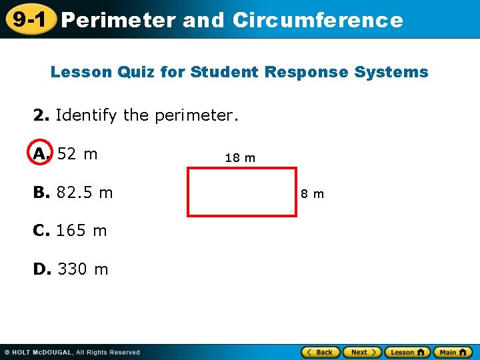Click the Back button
coord(320,352)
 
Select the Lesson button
coord(407,352)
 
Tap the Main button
coord(453,352)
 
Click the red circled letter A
coord(41,154)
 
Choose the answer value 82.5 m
coord(85,193)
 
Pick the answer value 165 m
coord(81,231)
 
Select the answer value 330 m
coord(83,269)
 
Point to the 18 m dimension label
coord(240,158)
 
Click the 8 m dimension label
coord(312,194)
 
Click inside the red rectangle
coord(242,191)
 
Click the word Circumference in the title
coord(318,21)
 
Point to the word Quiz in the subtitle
coord(136,72)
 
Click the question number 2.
coord(41,115)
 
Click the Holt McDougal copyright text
coord(72,352)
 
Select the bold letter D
coord(41,269)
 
